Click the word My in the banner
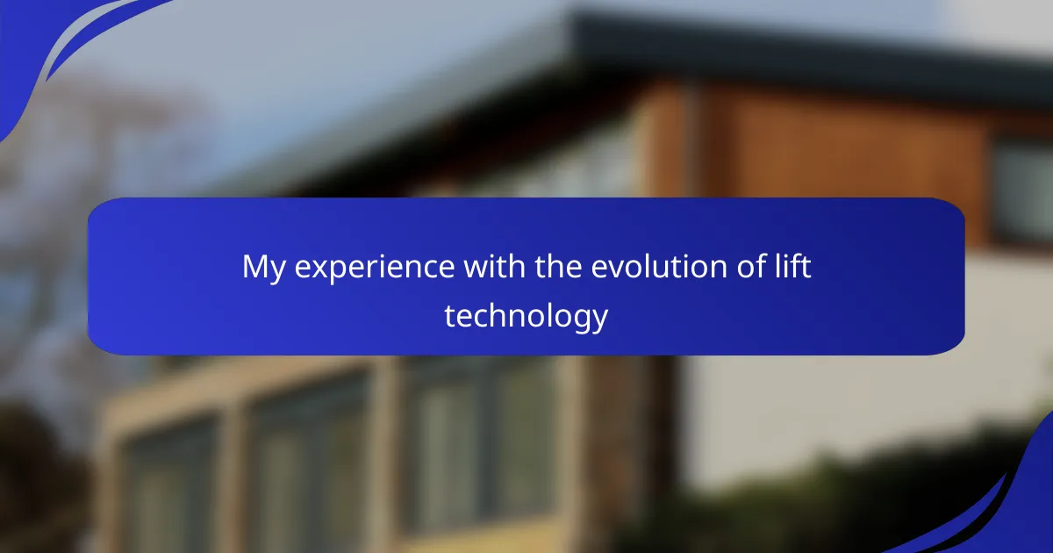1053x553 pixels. click(x=264, y=268)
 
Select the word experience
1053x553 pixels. click(x=375, y=268)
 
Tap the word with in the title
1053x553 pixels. click(x=495, y=266)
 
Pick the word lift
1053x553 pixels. click(x=788, y=266)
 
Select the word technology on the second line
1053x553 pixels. click(x=526, y=317)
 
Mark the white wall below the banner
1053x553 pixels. click(x=846, y=413)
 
